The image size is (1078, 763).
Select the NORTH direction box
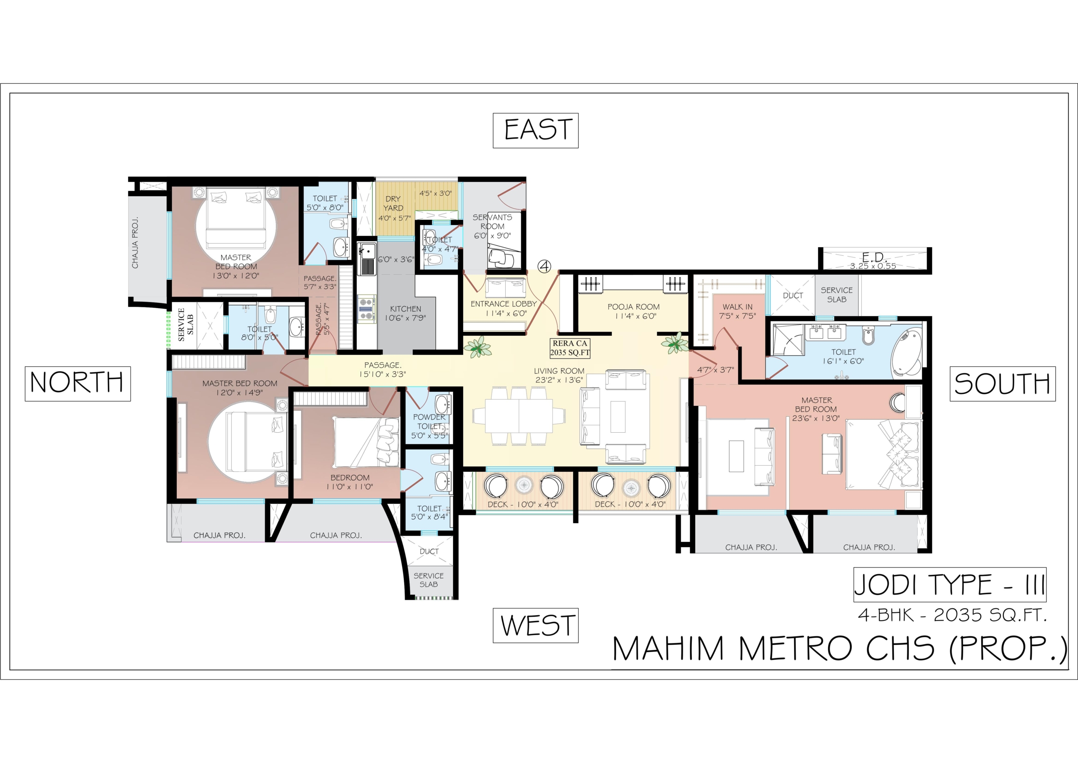click(77, 384)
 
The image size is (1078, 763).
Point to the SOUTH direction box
click(1002, 384)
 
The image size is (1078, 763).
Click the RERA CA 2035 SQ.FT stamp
click(570, 348)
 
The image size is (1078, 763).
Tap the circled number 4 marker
click(544, 266)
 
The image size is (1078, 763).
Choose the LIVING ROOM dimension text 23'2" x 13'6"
click(559, 380)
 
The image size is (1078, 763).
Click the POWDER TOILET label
click(429, 421)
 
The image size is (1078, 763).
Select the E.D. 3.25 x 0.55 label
click(873, 261)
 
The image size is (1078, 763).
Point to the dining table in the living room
click(519, 416)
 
